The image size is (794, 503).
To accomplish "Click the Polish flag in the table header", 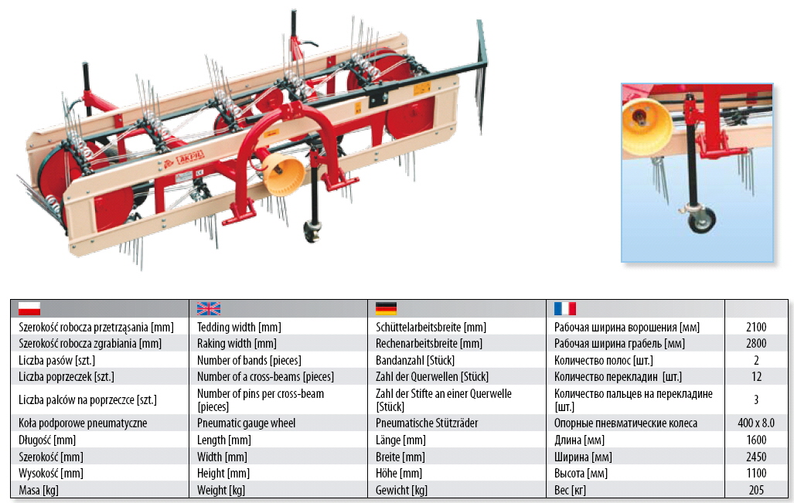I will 29,309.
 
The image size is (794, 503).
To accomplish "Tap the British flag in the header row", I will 209,309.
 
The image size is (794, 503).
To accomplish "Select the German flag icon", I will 387,309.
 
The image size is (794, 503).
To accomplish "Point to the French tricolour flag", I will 565,309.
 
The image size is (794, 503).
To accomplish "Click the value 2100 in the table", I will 755,328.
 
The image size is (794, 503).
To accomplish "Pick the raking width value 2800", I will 755,344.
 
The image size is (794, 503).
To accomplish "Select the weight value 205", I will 755,490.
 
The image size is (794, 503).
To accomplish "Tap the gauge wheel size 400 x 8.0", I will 755,423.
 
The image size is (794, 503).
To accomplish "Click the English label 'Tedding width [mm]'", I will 233,328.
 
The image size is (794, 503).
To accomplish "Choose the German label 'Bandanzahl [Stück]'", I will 414,361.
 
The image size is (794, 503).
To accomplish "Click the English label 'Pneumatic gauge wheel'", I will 246,423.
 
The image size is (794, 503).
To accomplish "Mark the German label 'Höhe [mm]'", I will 399,474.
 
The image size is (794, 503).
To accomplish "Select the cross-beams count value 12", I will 755,377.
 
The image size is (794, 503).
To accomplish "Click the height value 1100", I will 755,474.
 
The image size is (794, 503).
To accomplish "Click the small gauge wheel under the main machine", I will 312,229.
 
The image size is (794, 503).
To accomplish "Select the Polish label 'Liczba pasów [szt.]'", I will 57,361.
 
